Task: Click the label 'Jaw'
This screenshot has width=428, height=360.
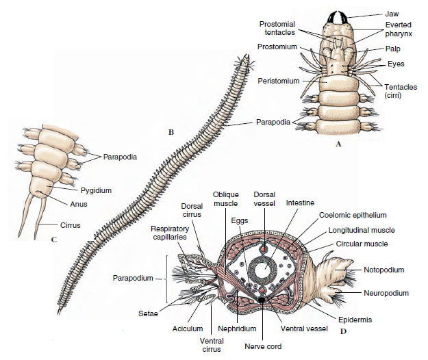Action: click(392, 14)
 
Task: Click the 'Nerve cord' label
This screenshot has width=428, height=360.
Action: click(263, 346)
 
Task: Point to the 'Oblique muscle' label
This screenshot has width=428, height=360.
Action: click(225, 198)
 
